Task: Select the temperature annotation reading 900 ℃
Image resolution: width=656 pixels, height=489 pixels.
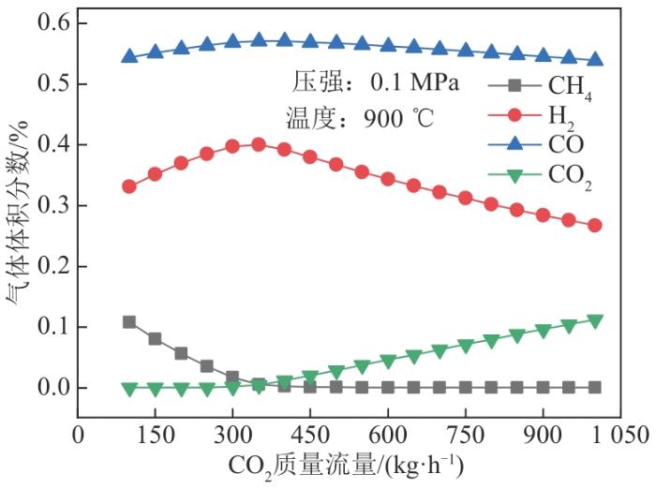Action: tap(362, 118)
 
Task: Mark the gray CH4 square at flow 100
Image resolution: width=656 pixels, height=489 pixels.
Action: tap(129, 322)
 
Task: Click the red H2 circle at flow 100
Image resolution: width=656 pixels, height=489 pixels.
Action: tap(129, 186)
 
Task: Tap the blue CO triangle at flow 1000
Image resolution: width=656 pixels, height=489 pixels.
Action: tap(594, 59)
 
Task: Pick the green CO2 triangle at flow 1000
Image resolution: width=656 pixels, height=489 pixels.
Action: tap(594, 320)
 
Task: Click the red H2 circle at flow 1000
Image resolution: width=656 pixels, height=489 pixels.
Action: tap(594, 225)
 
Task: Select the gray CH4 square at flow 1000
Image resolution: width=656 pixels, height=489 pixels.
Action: tap(594, 387)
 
